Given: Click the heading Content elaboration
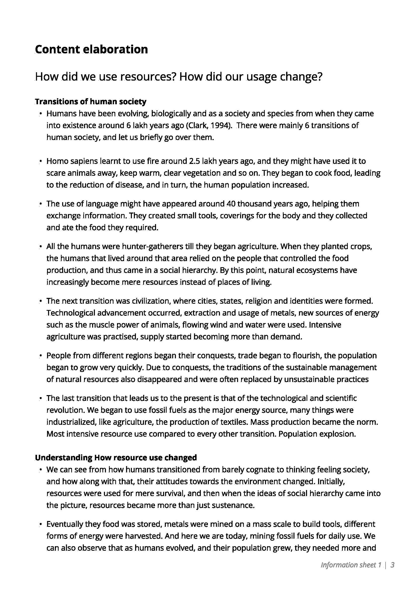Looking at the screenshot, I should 91,49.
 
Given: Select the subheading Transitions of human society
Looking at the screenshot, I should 90,102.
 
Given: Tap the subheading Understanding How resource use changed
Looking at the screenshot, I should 116,457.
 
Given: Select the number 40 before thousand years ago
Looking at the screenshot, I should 231,204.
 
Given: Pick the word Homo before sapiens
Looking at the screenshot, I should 57,161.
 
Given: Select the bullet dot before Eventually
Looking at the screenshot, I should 40,524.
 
